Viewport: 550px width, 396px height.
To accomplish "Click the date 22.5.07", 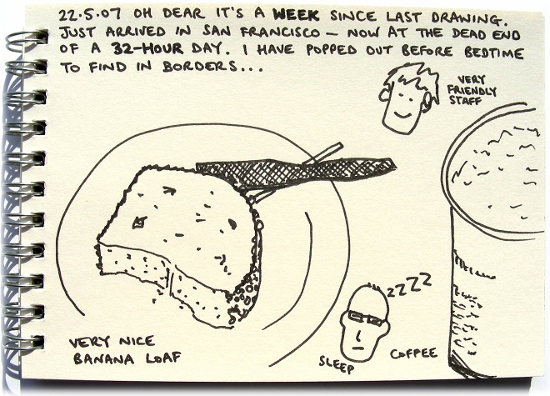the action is [90, 15].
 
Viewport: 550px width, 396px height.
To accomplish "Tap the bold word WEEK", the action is [296, 15].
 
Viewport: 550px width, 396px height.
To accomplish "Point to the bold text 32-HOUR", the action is [147, 48].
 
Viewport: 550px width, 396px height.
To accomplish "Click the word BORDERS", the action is [199, 66].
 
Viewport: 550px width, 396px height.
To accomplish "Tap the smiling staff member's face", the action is [408, 98].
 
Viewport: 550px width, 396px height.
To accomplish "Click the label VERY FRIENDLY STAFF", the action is [472, 90].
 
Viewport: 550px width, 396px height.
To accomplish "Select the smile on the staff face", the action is [402, 114].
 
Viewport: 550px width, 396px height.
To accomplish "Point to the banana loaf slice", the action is [180, 246].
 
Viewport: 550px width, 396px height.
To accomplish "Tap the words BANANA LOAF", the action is [127, 358].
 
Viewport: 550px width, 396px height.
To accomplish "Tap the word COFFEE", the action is [414, 353].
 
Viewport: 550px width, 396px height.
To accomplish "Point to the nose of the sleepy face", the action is [358, 336].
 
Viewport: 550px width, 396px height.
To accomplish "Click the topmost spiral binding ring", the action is [27, 38].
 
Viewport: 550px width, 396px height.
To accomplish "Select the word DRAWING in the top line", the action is [469, 18].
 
